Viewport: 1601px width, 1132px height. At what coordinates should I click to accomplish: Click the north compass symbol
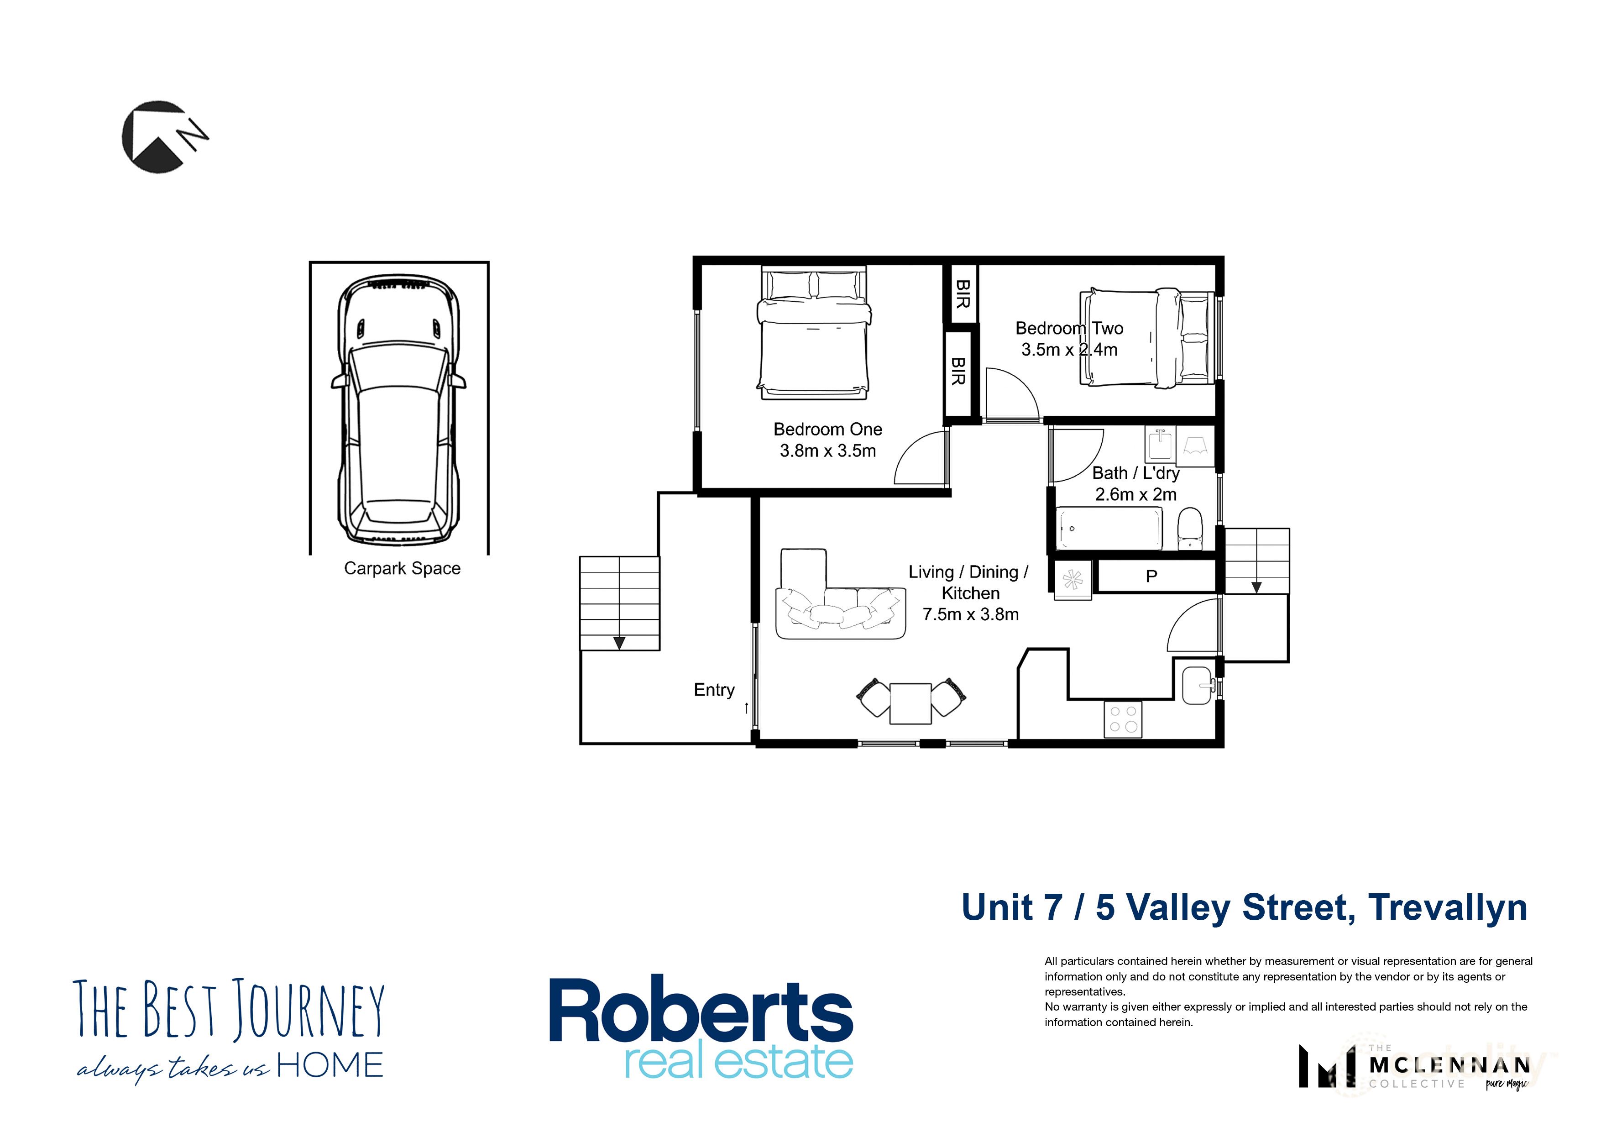[x=163, y=136]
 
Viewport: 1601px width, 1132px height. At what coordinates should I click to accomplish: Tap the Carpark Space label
[x=403, y=568]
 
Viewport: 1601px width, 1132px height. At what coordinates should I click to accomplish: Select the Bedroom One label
[x=828, y=430]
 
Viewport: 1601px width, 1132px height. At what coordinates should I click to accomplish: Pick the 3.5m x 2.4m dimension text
[x=1069, y=350]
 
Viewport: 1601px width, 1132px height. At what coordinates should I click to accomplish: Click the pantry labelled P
[x=1152, y=576]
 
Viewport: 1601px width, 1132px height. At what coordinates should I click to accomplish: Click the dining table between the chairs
[x=910, y=703]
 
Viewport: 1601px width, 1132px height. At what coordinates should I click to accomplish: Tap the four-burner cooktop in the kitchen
[x=1123, y=719]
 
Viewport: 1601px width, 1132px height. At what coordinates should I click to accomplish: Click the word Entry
[x=714, y=690]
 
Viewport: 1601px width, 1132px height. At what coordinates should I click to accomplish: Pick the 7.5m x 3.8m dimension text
[x=971, y=614]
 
